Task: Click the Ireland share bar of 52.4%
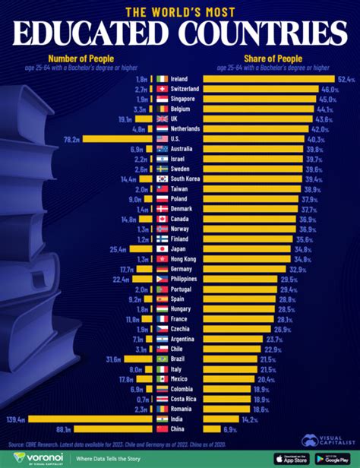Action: click(x=269, y=79)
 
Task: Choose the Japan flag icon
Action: click(x=162, y=248)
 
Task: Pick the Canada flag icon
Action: click(x=162, y=219)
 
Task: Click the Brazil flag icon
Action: click(x=162, y=359)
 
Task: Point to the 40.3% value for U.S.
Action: click(x=314, y=139)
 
